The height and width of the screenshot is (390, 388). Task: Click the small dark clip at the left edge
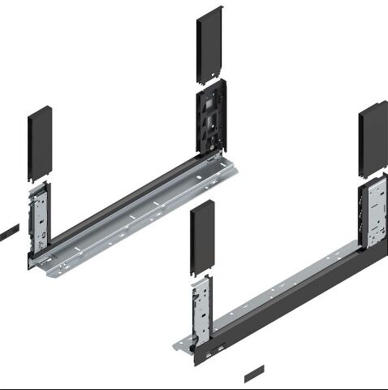[7, 232]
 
